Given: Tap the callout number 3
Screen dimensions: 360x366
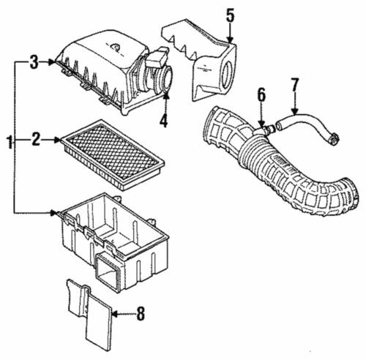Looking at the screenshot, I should tap(33, 63).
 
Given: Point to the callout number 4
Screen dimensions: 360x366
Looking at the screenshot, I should tap(164, 119).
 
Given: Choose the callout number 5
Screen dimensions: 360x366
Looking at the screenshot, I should tap(230, 15).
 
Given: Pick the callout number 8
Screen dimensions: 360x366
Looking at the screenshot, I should tap(141, 315).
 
